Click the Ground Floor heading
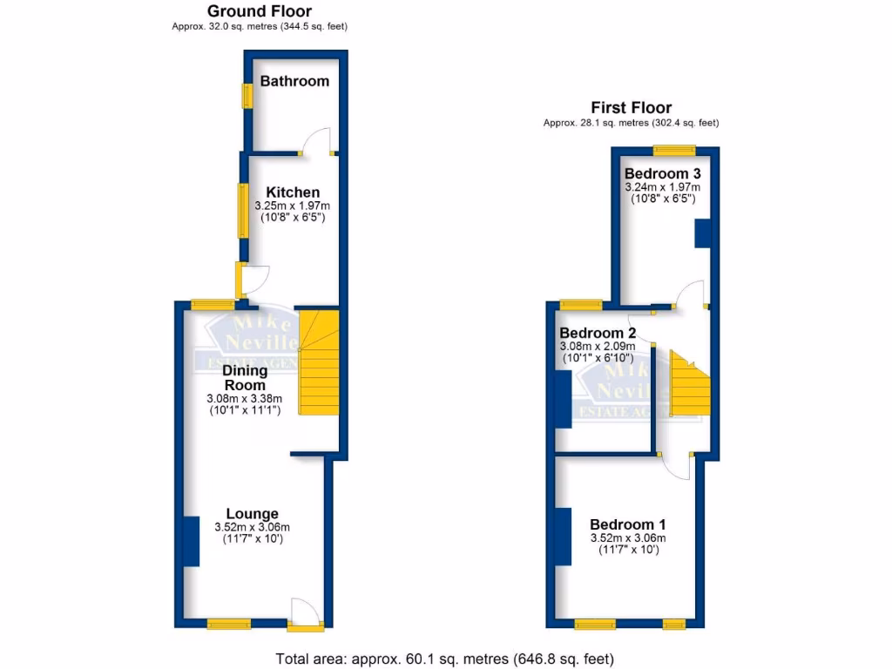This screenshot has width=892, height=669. tap(259, 11)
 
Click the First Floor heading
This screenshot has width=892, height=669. tap(631, 108)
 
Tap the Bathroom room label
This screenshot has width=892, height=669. tap(294, 81)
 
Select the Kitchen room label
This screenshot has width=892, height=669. tap(293, 193)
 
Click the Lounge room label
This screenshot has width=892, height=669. tap(252, 514)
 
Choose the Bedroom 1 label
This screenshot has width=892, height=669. tap(627, 524)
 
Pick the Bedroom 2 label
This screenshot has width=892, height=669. tap(597, 333)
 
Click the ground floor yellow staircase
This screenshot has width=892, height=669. tap(318, 362)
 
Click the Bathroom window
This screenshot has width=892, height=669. tap(247, 95)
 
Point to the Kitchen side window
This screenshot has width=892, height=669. tap(245, 210)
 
